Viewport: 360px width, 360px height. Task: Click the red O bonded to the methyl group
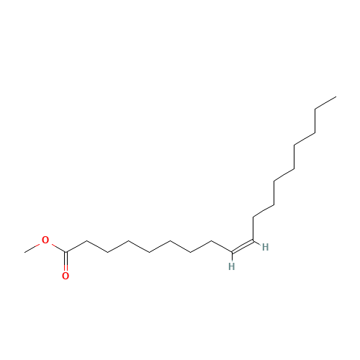tap(45, 240)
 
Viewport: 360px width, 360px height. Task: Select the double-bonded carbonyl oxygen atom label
tap(66, 276)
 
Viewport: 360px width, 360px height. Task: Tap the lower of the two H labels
tap(232, 266)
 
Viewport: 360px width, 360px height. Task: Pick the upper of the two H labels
tap(265, 247)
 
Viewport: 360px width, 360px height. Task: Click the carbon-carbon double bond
tap(243, 246)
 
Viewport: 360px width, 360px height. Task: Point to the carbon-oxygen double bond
tap(66, 258)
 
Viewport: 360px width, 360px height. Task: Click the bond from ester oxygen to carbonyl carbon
tap(59, 248)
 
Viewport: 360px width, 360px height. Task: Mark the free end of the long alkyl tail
tap(336, 96)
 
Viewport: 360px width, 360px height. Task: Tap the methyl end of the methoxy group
tap(24, 252)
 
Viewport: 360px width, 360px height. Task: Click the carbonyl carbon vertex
tap(66, 252)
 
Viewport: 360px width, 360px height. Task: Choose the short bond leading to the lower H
tap(232, 256)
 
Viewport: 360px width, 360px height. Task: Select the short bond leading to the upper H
tap(256, 243)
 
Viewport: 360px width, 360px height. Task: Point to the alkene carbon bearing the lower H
tap(232, 252)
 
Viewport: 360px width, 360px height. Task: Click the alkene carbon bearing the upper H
tap(253, 240)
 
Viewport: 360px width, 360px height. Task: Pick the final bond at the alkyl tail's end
tap(325, 103)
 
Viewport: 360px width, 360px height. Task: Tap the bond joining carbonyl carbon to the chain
tap(76, 246)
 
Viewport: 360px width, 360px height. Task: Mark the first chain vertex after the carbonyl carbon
tap(86, 240)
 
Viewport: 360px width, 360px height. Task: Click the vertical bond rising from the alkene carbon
tap(253, 228)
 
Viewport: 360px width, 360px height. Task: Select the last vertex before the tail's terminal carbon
tap(315, 109)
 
